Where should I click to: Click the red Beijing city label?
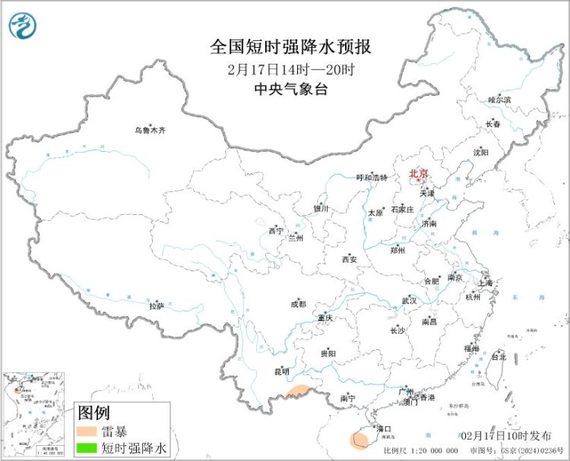pos(418,173)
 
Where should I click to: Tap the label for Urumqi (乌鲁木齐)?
pos(150,131)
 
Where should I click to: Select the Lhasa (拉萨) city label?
pos(156,306)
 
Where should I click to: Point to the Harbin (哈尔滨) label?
pos(499,99)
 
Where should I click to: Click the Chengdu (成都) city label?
pos(298,304)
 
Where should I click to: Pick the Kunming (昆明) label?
pos(282,372)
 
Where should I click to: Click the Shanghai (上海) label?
pos(484,283)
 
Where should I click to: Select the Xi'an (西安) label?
pos(349,259)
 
